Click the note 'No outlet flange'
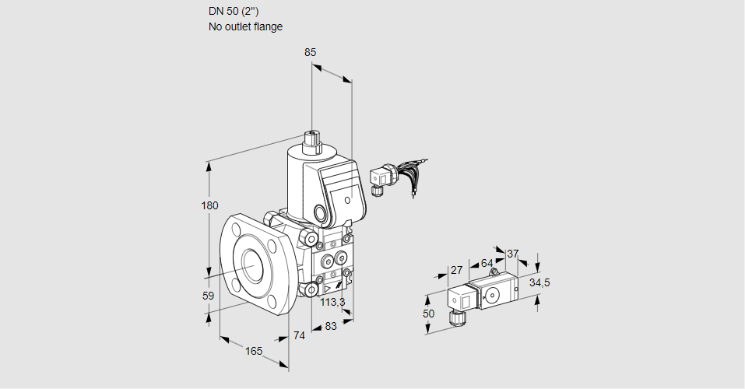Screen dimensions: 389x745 click(245, 26)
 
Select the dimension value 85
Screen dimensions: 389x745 click(311, 53)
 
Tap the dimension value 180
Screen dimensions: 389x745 click(209, 206)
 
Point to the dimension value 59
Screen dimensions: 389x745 click(208, 296)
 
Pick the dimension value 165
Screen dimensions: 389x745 click(254, 351)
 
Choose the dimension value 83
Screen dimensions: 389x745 click(330, 326)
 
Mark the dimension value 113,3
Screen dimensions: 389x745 click(333, 303)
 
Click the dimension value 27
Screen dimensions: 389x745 click(457, 270)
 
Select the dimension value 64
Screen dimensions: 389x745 click(487, 263)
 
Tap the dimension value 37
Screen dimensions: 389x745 click(512, 254)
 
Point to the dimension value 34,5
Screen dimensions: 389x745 click(539, 282)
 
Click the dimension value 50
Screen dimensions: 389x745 click(428, 313)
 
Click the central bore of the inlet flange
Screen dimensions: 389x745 click(251, 265)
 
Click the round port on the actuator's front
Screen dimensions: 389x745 click(321, 212)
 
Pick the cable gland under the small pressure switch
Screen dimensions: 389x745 click(455, 317)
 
